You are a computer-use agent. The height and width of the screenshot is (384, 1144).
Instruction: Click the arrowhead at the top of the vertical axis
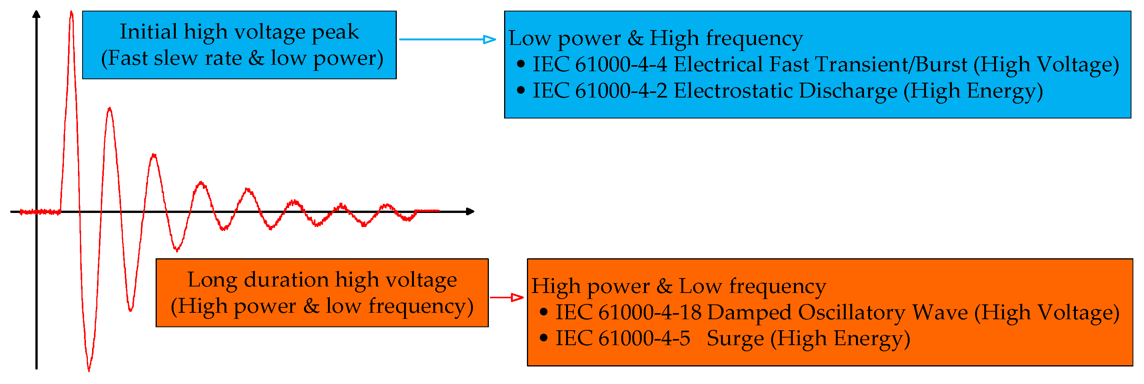[37, 14]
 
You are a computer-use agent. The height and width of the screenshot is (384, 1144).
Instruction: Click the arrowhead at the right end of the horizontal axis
[470, 211]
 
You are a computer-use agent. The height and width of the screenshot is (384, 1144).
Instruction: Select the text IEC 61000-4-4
[599, 64]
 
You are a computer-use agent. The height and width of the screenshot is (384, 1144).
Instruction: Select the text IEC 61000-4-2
[599, 91]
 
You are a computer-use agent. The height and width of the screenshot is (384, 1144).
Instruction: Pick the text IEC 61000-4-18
[628, 312]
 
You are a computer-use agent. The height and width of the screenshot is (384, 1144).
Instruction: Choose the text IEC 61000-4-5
[623, 338]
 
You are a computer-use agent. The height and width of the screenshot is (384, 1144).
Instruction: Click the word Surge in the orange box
[735, 339]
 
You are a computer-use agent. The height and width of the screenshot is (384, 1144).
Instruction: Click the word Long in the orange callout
[212, 280]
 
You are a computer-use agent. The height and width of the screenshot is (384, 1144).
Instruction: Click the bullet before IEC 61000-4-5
[544, 338]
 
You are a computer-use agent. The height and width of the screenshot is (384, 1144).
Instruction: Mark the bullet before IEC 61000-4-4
[521, 64]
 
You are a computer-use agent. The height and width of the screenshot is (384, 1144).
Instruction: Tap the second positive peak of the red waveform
[110, 109]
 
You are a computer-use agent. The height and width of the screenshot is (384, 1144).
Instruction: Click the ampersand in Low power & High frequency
[635, 38]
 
